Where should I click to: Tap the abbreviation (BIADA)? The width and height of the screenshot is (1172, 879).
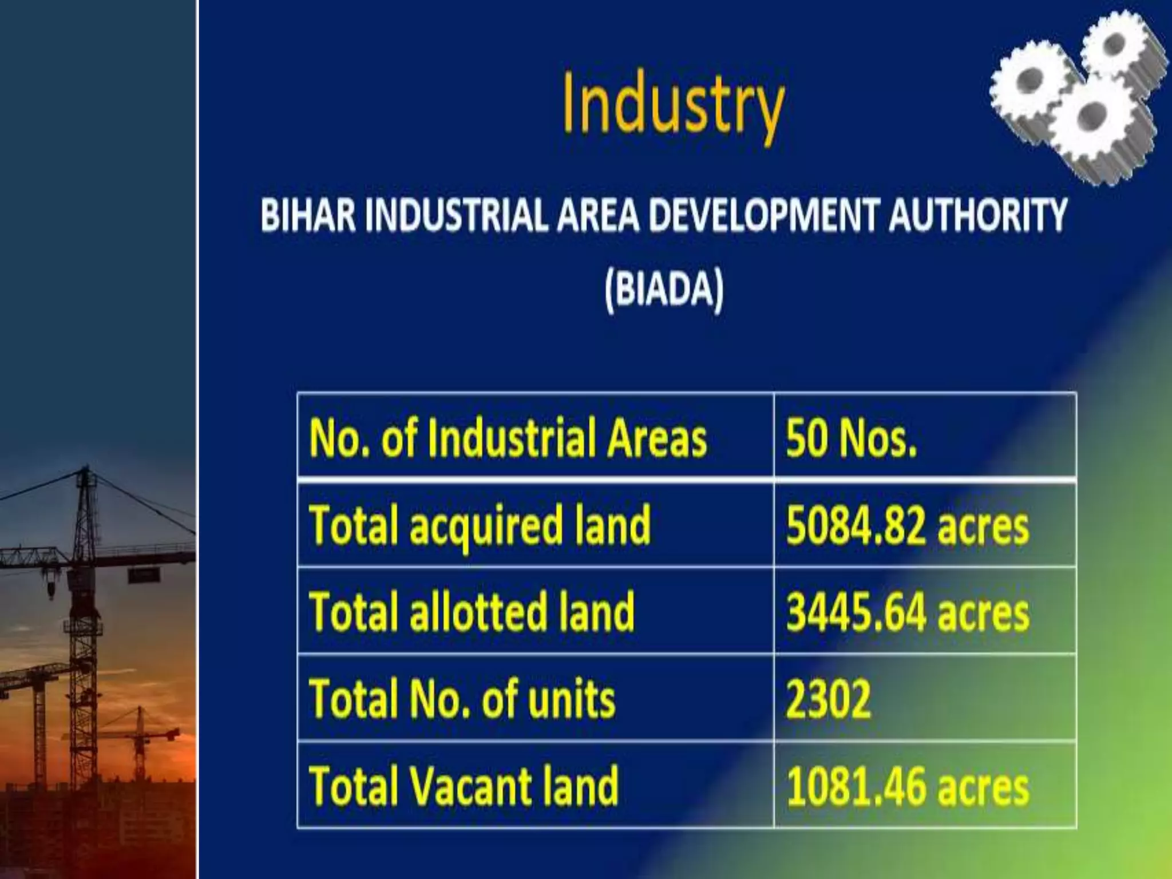coord(664,290)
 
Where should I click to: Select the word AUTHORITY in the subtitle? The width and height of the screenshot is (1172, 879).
coord(977,215)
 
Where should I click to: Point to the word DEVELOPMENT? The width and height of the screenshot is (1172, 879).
coord(763,215)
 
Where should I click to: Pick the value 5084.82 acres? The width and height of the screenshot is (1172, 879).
coord(907,526)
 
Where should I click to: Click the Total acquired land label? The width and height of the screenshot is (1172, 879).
coord(480,526)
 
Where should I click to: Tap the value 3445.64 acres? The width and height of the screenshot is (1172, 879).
coord(907,613)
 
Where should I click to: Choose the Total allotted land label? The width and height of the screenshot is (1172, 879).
coord(472,613)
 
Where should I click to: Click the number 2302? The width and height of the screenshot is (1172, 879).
coord(828,699)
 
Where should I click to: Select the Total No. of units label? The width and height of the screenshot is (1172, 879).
coord(462,699)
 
